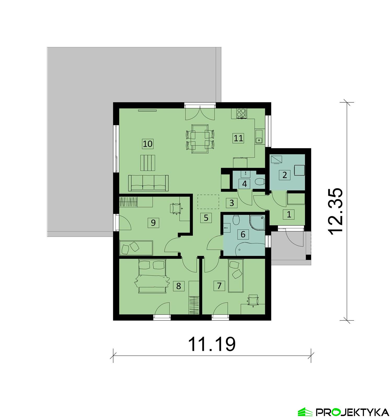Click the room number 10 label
pos(148,144)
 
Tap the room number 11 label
pos(238,138)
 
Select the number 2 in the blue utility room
pos(285,175)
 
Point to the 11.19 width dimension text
pos(212,344)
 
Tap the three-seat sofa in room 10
pos(148,183)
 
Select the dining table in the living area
pos(200,139)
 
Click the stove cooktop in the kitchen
pos(241,113)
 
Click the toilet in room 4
pos(260,182)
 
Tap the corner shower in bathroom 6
pos(258,222)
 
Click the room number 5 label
pos(206,218)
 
